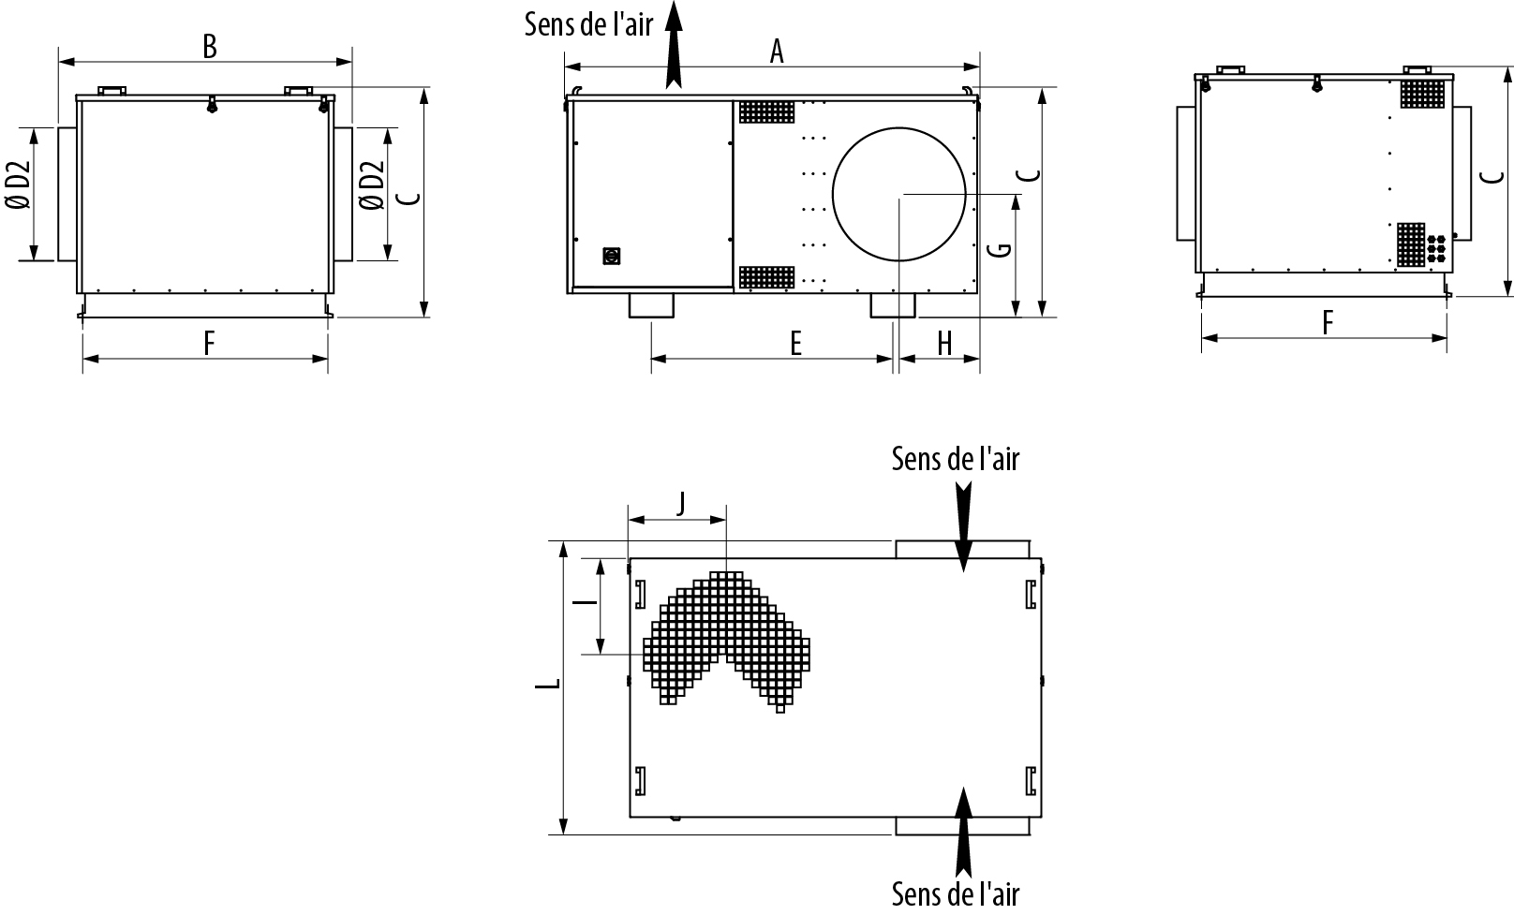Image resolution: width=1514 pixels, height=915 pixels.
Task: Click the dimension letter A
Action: click(777, 52)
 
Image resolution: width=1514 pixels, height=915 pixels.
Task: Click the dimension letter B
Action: click(210, 47)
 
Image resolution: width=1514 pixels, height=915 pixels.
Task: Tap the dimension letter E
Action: click(796, 344)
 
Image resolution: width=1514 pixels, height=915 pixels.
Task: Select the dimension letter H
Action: click(944, 344)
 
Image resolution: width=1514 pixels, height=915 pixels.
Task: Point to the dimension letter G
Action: click(1000, 249)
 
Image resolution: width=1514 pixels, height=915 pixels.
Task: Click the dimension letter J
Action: click(681, 504)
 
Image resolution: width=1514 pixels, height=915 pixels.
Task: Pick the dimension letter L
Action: click(548, 684)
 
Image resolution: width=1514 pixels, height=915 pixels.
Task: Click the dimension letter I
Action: click(585, 601)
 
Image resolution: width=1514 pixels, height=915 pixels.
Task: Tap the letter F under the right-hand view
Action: click(1328, 323)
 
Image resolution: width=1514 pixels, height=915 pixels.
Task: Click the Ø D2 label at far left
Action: click(19, 185)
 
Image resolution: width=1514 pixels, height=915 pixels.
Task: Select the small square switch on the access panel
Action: click(611, 256)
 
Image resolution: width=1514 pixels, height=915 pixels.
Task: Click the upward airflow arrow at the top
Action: click(674, 45)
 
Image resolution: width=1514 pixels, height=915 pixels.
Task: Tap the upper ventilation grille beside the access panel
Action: click(766, 112)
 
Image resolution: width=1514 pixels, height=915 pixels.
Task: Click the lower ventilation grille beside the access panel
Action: click(766, 277)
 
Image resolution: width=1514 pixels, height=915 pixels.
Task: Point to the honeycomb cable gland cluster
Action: click(1436, 248)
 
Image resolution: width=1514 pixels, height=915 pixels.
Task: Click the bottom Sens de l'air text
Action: click(955, 894)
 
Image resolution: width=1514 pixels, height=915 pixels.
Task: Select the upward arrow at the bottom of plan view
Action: click(963, 833)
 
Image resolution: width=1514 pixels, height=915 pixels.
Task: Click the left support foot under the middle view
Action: click(651, 305)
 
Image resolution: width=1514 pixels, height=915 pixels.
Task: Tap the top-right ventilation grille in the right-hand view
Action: click(1422, 94)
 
